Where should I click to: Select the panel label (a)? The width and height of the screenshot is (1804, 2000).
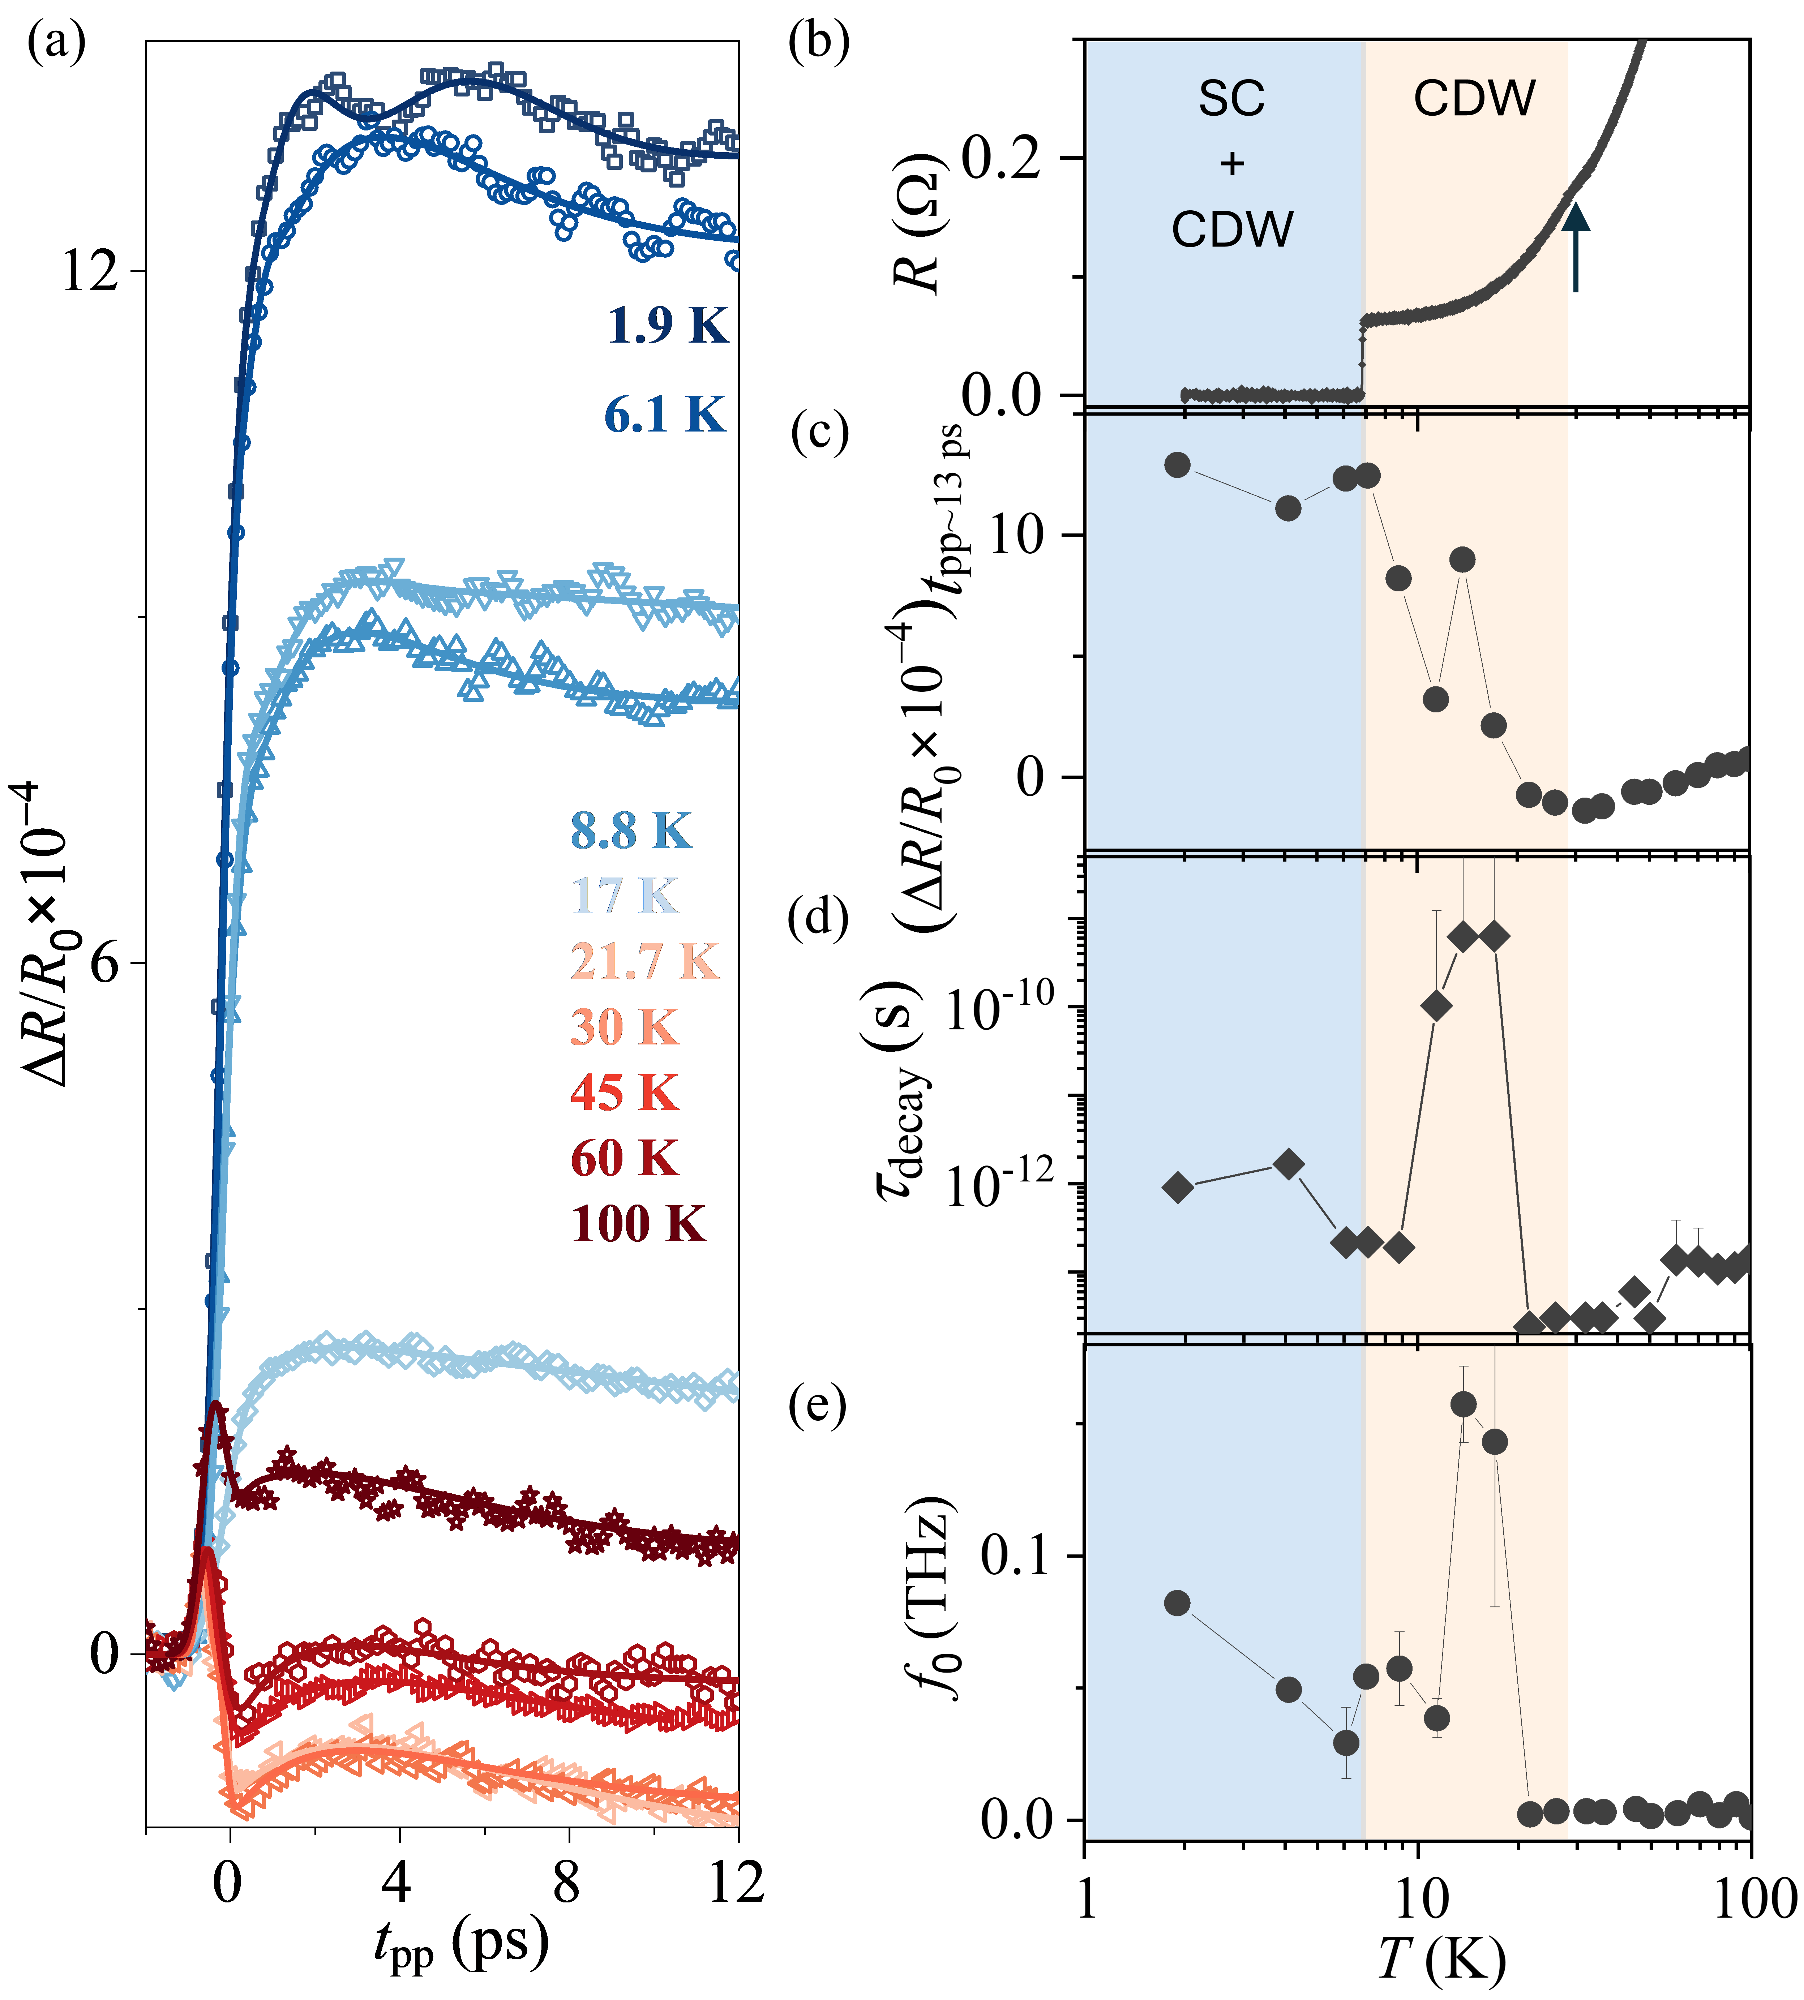point(56,44)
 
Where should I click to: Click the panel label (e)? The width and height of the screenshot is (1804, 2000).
point(818,1407)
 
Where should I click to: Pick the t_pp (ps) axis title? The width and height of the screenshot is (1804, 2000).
point(461,1944)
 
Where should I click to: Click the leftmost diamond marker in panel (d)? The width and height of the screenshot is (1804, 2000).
point(1178,1187)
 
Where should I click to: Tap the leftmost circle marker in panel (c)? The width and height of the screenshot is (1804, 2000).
point(1178,465)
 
